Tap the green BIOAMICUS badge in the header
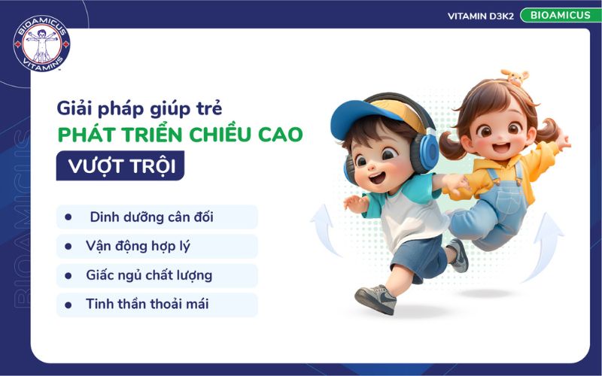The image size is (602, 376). coord(561,15)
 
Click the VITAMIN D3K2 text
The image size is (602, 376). coord(480,16)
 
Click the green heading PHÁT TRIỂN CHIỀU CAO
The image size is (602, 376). coord(180,135)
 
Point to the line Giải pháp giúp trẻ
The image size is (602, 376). coord(139,107)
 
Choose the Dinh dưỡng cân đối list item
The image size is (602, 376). coord(151,217)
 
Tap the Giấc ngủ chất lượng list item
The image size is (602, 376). coord(149,275)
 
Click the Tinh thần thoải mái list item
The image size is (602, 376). coord(147,305)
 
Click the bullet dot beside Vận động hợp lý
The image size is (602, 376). coord(68,246)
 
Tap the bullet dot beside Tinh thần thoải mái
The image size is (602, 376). coord(68,305)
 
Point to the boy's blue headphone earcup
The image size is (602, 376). coord(426,154)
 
